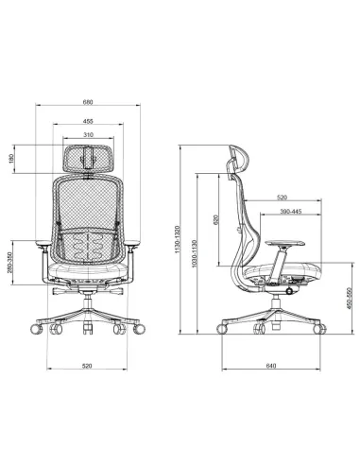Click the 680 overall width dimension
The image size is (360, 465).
click(88, 102)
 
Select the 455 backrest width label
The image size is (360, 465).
click(88, 121)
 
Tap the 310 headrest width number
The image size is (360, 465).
click(89, 135)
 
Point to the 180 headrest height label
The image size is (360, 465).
click(11, 159)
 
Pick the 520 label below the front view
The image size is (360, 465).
click(87, 366)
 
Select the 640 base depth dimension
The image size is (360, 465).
click(271, 366)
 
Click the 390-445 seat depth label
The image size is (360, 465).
click(291, 212)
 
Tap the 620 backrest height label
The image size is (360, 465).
click(215, 219)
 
